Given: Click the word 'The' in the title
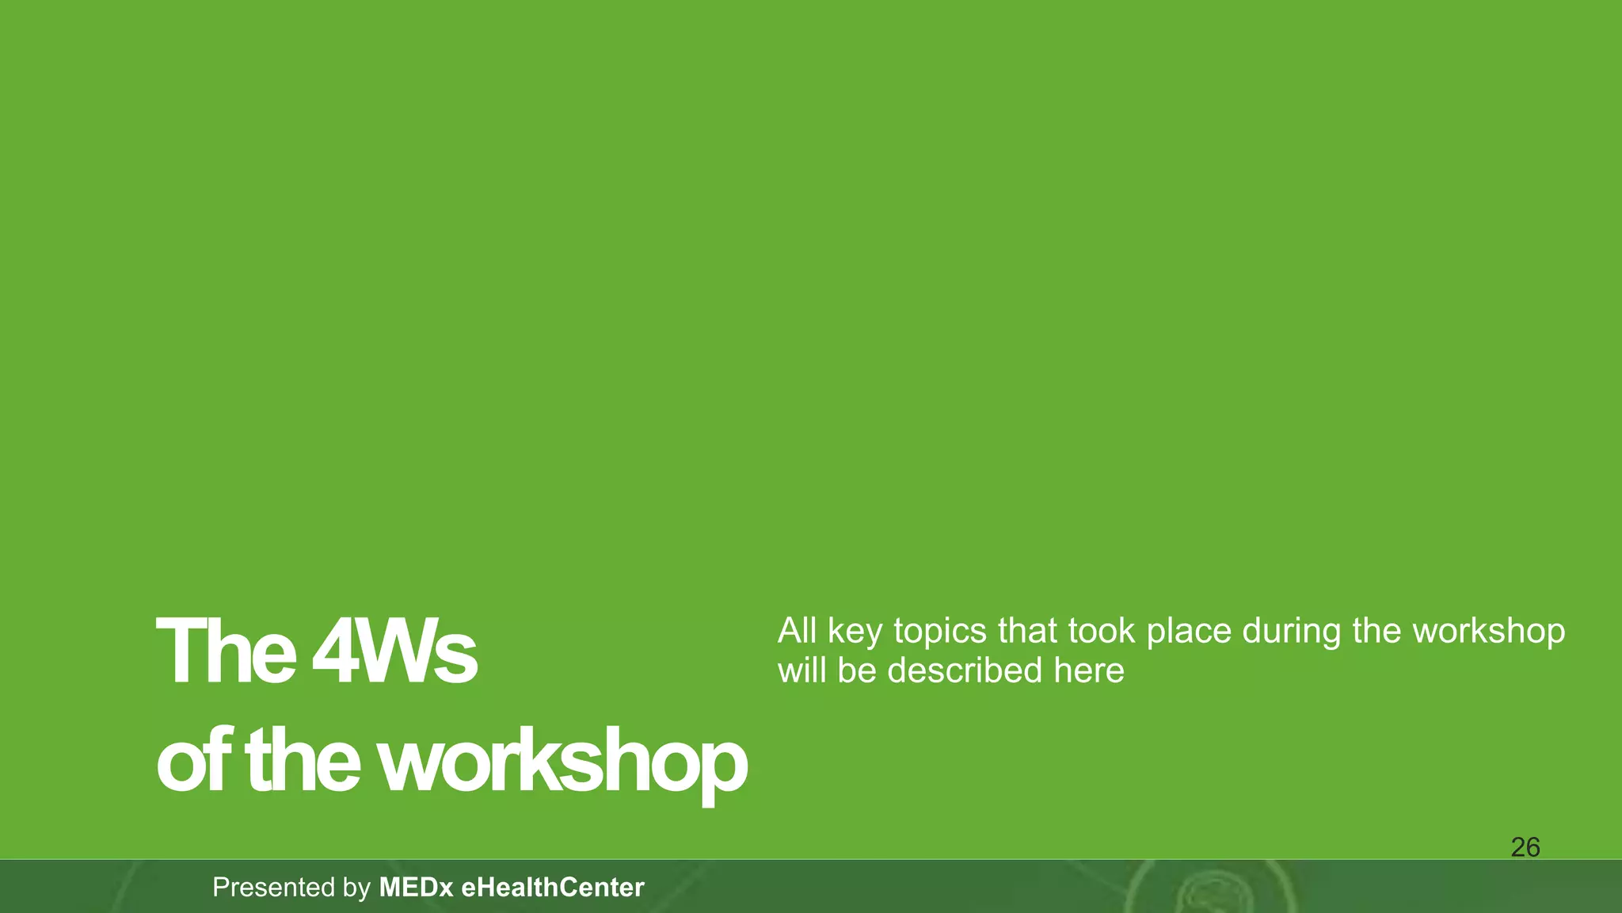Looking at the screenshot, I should [x=226, y=652].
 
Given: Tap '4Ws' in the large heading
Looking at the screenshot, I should [x=394, y=652].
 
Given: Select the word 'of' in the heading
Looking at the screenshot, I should [x=194, y=762].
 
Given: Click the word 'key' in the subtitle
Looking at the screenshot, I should [x=855, y=632].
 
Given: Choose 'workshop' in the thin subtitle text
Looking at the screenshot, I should [x=1489, y=632].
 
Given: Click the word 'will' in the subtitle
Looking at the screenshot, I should [x=801, y=670].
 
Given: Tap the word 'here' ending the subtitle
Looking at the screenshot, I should [x=1088, y=670].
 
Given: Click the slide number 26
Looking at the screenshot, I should [x=1525, y=847].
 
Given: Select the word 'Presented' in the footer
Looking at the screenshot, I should [x=273, y=887].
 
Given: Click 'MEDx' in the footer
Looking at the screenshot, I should [x=416, y=887].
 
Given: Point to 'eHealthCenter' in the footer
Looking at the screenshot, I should [x=552, y=887].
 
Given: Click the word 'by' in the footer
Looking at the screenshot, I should [x=357, y=888].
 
